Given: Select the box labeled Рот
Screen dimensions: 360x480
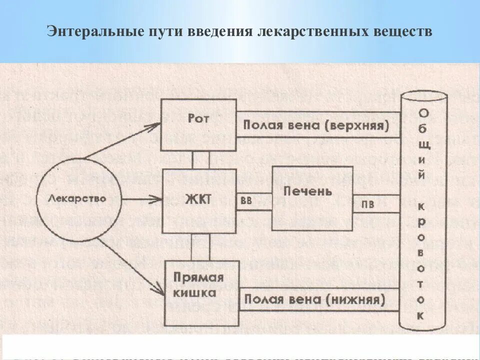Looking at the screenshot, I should (198, 125).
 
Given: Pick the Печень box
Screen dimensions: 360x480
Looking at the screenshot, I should (312, 198).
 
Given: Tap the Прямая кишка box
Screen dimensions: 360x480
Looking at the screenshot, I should (198, 292).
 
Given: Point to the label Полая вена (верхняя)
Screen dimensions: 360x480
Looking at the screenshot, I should (316, 125).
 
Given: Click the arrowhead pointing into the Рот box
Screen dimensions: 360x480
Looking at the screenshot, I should (154, 125).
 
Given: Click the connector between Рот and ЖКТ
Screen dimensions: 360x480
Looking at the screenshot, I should (200, 160).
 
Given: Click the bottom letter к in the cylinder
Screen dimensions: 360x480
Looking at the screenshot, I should (421, 315).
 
